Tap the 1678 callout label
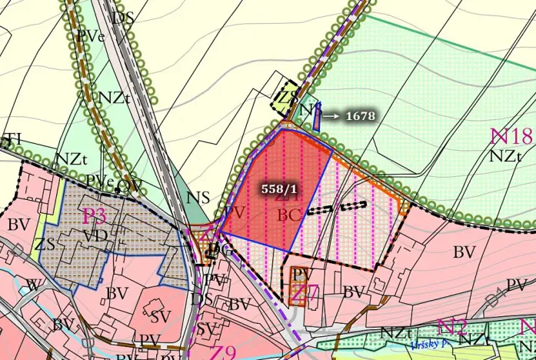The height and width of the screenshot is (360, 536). pyautogui.click(x=360, y=116)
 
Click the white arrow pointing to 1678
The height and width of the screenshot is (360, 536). pyautogui.click(x=331, y=116)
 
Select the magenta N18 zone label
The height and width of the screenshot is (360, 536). pyautogui.click(x=511, y=137)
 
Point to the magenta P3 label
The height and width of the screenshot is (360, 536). pyautogui.click(x=94, y=215)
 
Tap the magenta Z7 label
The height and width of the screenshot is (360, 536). pyautogui.click(x=305, y=293)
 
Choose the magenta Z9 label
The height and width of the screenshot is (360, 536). pyautogui.click(x=223, y=352)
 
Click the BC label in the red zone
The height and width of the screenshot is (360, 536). pyautogui.click(x=288, y=215)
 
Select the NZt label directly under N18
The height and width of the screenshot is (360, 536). pyautogui.click(x=508, y=155)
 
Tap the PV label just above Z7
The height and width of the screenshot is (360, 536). pyautogui.click(x=301, y=274)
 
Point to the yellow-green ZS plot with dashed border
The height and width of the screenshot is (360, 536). pyautogui.click(x=288, y=98)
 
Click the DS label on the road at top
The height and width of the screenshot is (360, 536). pyautogui.click(x=122, y=17)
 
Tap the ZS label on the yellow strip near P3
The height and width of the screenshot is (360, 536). pyautogui.click(x=45, y=245)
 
